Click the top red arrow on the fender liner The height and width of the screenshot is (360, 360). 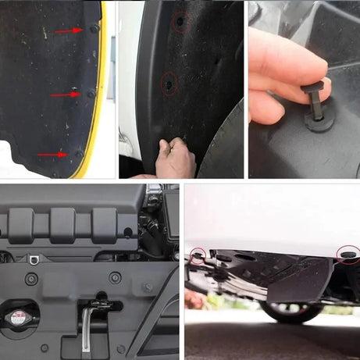69,31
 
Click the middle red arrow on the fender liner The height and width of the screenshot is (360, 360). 66,94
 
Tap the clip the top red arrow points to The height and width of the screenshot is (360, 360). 94,29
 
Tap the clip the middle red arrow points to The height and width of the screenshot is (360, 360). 90,94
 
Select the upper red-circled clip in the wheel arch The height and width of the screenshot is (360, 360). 180,23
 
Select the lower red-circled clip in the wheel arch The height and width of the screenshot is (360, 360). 168,81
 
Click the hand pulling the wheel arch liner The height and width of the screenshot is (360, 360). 176,159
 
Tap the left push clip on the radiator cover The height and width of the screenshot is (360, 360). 31,279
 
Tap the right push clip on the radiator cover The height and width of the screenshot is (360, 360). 115,277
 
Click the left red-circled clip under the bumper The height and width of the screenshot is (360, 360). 197,255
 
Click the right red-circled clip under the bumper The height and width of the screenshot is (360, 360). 347,254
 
